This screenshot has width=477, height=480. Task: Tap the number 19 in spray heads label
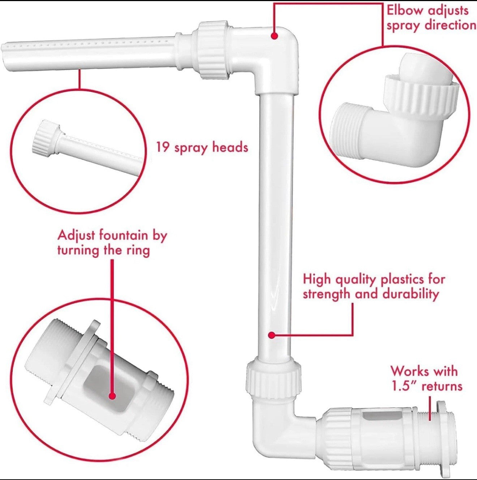(163, 147)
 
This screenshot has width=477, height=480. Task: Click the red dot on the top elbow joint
(274, 36)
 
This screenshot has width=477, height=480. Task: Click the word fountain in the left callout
(123, 235)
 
